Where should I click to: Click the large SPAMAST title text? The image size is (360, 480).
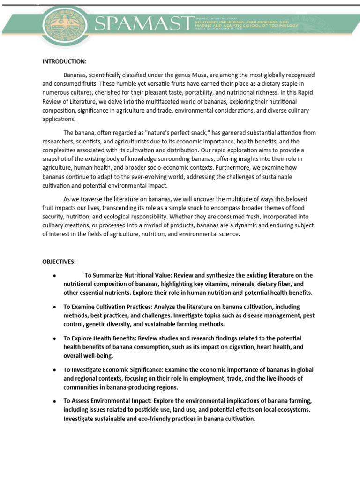(144, 24)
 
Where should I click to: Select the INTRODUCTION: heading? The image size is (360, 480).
(64, 61)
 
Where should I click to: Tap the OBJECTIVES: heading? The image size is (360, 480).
(59, 261)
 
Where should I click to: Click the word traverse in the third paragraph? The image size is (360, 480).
(95, 199)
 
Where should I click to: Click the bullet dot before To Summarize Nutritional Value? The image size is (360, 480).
(55, 275)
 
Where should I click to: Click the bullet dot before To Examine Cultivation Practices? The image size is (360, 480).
(55, 307)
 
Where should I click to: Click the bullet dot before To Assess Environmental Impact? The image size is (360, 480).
(55, 401)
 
